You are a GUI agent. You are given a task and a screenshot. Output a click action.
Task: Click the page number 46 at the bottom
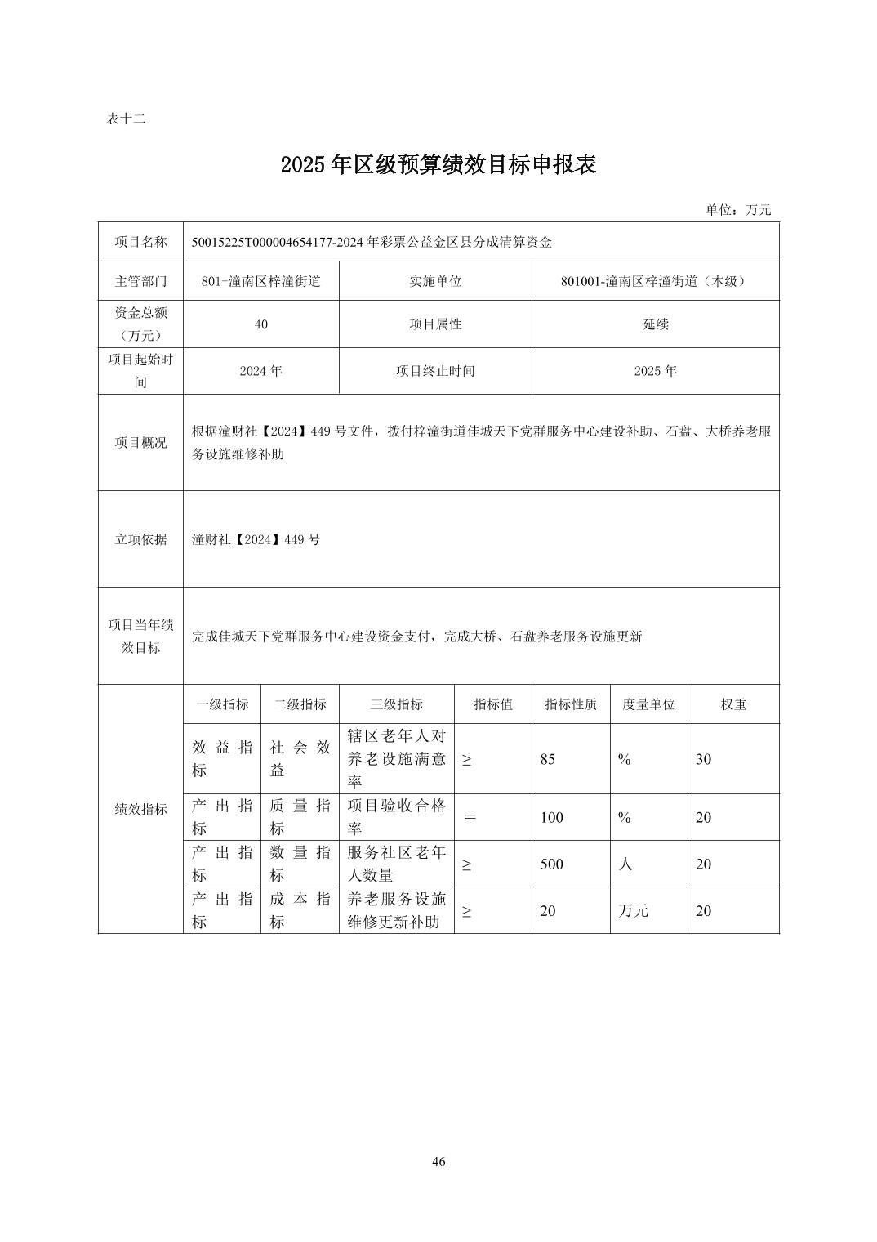(438, 1162)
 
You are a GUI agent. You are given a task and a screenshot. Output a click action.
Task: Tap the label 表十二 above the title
(126, 118)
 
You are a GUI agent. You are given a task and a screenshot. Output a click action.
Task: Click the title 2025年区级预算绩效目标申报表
(438, 165)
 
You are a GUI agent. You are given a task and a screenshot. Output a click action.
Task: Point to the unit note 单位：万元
(737, 209)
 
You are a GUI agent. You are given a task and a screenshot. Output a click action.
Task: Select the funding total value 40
(260, 324)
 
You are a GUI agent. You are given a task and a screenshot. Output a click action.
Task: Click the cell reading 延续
(655, 324)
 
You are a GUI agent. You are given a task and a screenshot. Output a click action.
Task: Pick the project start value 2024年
(260, 371)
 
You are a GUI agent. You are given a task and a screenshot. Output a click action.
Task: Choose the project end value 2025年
(655, 371)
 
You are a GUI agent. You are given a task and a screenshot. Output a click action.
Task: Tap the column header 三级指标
(396, 704)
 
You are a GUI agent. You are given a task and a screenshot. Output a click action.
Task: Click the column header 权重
(732, 704)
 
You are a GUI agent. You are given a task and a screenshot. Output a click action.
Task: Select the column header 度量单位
(648, 704)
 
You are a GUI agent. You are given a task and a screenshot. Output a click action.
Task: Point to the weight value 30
(703, 759)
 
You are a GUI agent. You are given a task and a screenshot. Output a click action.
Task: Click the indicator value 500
(552, 864)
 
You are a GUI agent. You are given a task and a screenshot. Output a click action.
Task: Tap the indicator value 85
(547, 759)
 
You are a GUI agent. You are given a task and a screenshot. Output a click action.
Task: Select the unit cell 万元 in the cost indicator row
(633, 911)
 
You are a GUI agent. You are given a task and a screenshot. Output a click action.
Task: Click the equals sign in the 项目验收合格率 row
(470, 817)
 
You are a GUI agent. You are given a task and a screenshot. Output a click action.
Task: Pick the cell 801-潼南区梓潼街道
(260, 281)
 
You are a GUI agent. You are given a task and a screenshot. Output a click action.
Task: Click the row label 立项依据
(140, 539)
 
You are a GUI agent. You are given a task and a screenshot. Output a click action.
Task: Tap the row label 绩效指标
(140, 809)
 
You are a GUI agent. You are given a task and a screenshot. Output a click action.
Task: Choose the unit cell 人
(625, 864)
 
